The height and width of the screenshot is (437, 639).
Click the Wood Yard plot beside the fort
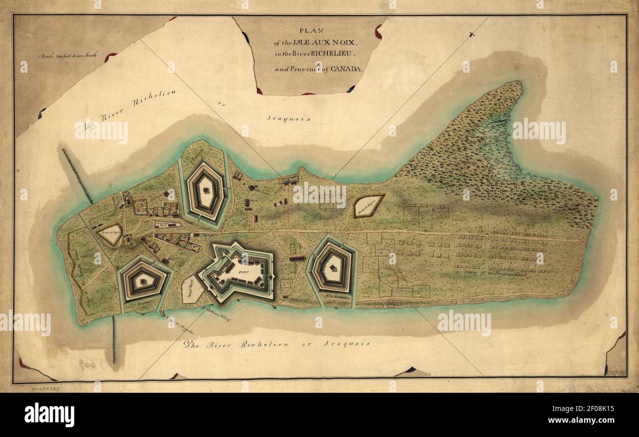point(191,289)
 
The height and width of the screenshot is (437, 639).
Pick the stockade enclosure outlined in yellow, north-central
point(369,206)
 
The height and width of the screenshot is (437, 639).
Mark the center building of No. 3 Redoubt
point(143,281)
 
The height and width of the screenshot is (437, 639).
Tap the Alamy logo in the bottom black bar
point(49,414)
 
